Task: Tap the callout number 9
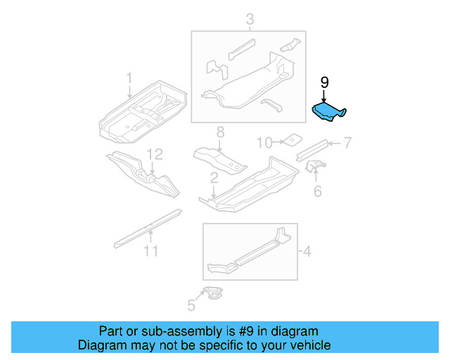click(x=325, y=83)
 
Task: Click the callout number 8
click(x=220, y=131)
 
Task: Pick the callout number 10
click(x=263, y=143)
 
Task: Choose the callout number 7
click(x=347, y=143)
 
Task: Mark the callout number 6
click(x=317, y=191)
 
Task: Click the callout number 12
click(x=154, y=154)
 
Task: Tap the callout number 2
click(x=213, y=184)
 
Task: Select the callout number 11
click(x=149, y=250)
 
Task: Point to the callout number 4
click(x=307, y=250)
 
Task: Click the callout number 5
click(x=191, y=304)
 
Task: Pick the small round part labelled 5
click(x=213, y=293)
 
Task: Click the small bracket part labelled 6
click(x=316, y=168)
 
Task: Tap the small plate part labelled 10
click(x=288, y=140)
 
